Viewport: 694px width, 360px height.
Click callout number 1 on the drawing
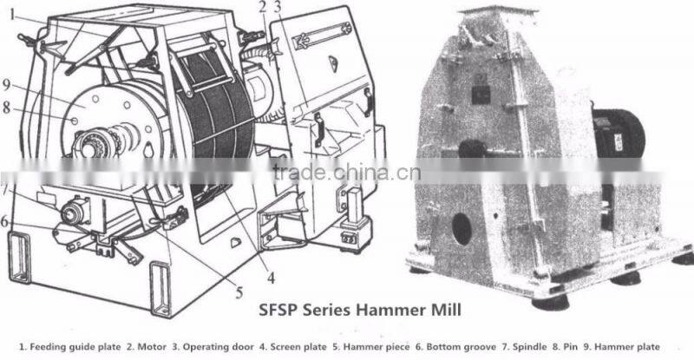13,15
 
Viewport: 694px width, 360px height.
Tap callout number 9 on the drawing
6,84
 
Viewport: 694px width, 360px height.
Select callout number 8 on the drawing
6,108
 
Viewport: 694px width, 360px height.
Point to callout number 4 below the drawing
271,278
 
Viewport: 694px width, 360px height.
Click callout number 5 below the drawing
239,292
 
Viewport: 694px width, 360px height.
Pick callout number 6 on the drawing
5,221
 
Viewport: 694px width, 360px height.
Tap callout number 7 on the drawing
4,190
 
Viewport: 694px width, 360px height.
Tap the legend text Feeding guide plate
75,347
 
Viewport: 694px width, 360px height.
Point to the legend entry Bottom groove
461,347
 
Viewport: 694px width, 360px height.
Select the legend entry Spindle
529,347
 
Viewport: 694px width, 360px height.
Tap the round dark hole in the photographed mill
462,229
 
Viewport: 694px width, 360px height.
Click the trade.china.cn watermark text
346,173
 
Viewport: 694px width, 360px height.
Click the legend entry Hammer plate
626,347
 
